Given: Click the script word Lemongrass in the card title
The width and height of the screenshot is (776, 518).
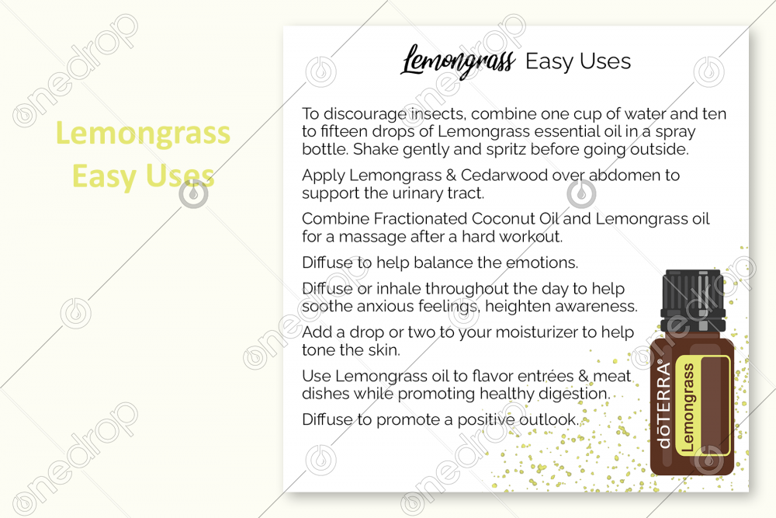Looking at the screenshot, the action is point(458,61).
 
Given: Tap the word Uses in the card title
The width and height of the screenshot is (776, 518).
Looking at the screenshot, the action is point(605,61).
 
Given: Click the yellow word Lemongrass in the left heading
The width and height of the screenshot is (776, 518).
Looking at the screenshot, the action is point(143,134).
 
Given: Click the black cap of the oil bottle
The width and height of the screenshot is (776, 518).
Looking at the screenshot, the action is point(693,300).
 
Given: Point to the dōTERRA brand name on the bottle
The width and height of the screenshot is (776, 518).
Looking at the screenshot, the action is point(664,405).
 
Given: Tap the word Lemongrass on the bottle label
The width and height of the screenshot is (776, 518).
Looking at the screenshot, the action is point(688,408).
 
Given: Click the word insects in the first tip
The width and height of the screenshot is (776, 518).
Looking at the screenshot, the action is point(438,114).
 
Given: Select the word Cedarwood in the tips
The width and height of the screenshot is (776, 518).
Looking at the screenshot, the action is point(504,176).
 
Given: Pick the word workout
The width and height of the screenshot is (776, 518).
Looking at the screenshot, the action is point(531,237).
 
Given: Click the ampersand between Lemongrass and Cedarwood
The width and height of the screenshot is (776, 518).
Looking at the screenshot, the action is point(451,176).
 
